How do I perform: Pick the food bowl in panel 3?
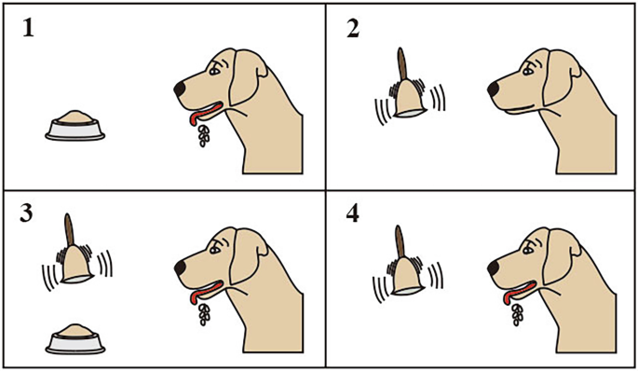75,338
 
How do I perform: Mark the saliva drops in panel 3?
203,314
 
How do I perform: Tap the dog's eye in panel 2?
529,67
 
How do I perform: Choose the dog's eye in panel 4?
529,246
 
